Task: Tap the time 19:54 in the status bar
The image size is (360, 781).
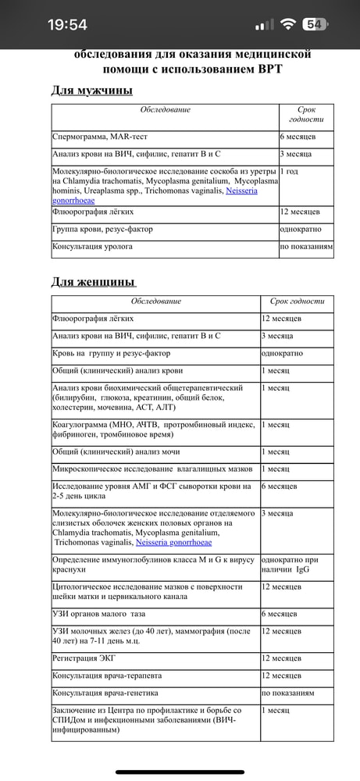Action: pyautogui.click(x=67, y=24)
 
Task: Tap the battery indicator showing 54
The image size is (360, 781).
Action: pyautogui.click(x=315, y=24)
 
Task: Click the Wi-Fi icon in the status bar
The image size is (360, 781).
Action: pyautogui.click(x=287, y=24)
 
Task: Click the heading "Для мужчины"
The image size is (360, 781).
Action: pyautogui.click(x=91, y=91)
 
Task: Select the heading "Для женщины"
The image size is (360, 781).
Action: pyautogui.click(x=93, y=281)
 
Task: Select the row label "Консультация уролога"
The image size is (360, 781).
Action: pyautogui.click(x=92, y=246)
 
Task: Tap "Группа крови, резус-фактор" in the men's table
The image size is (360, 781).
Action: pyautogui.click(x=102, y=229)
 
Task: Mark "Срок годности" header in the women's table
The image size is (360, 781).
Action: pyautogui.click(x=297, y=301)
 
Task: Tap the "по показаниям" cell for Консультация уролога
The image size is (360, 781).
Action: pyautogui.click(x=306, y=246)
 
